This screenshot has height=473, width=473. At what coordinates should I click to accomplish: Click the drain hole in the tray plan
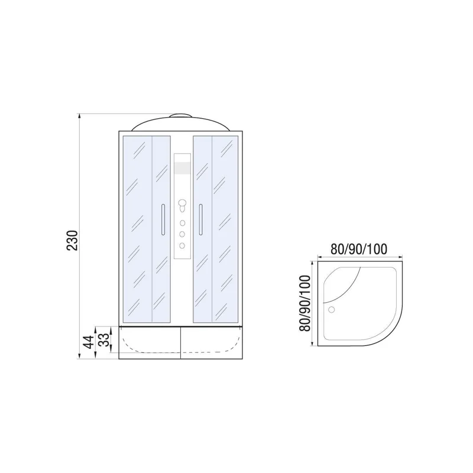point(331,309)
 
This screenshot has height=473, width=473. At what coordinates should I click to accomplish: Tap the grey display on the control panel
point(182,169)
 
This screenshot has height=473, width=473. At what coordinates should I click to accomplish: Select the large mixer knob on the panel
point(182,206)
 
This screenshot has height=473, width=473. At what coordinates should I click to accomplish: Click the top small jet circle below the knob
point(182,223)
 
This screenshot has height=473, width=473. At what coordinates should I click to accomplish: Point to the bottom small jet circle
point(182,245)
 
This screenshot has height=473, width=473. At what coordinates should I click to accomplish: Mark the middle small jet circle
point(182,234)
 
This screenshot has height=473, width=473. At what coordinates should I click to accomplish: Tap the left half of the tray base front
point(149,342)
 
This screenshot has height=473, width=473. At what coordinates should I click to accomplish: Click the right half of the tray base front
point(211,342)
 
